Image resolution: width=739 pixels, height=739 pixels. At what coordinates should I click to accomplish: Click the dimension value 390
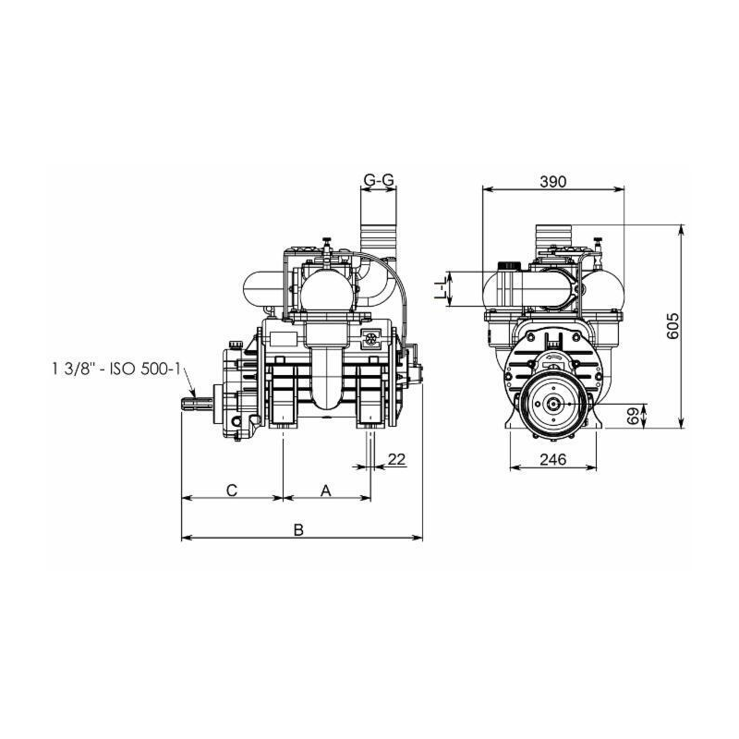552,181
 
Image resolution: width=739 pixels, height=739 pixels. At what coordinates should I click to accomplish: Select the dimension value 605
673,325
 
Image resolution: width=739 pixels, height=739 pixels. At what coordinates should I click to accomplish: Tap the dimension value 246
552,459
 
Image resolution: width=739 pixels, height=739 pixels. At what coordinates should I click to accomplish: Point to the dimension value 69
634,416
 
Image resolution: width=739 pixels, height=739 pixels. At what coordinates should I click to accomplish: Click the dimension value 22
396,459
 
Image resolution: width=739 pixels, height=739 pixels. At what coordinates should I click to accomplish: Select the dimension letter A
326,491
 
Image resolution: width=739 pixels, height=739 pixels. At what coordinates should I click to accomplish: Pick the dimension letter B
298,529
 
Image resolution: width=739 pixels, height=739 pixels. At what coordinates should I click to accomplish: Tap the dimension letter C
232,491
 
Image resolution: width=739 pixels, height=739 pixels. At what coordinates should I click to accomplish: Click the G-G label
379,179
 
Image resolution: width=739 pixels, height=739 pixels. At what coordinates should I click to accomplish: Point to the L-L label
440,288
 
